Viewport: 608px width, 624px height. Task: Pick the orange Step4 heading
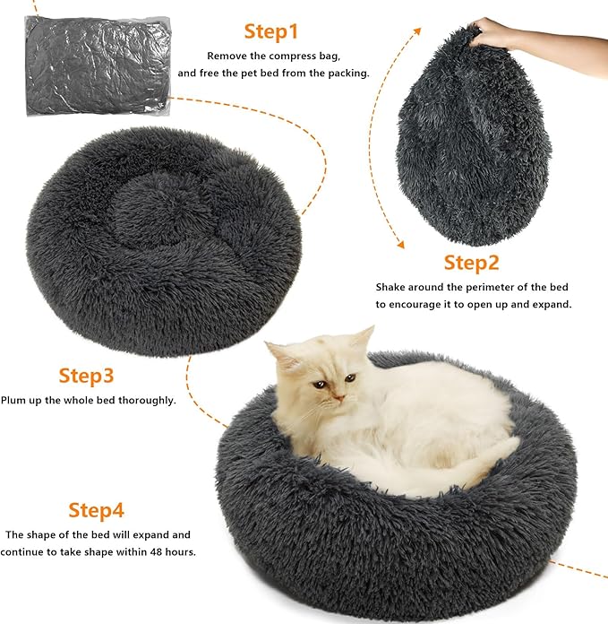(97, 510)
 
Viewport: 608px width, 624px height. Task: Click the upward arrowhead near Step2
(417, 30)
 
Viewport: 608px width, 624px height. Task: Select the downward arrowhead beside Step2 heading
(400, 243)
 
